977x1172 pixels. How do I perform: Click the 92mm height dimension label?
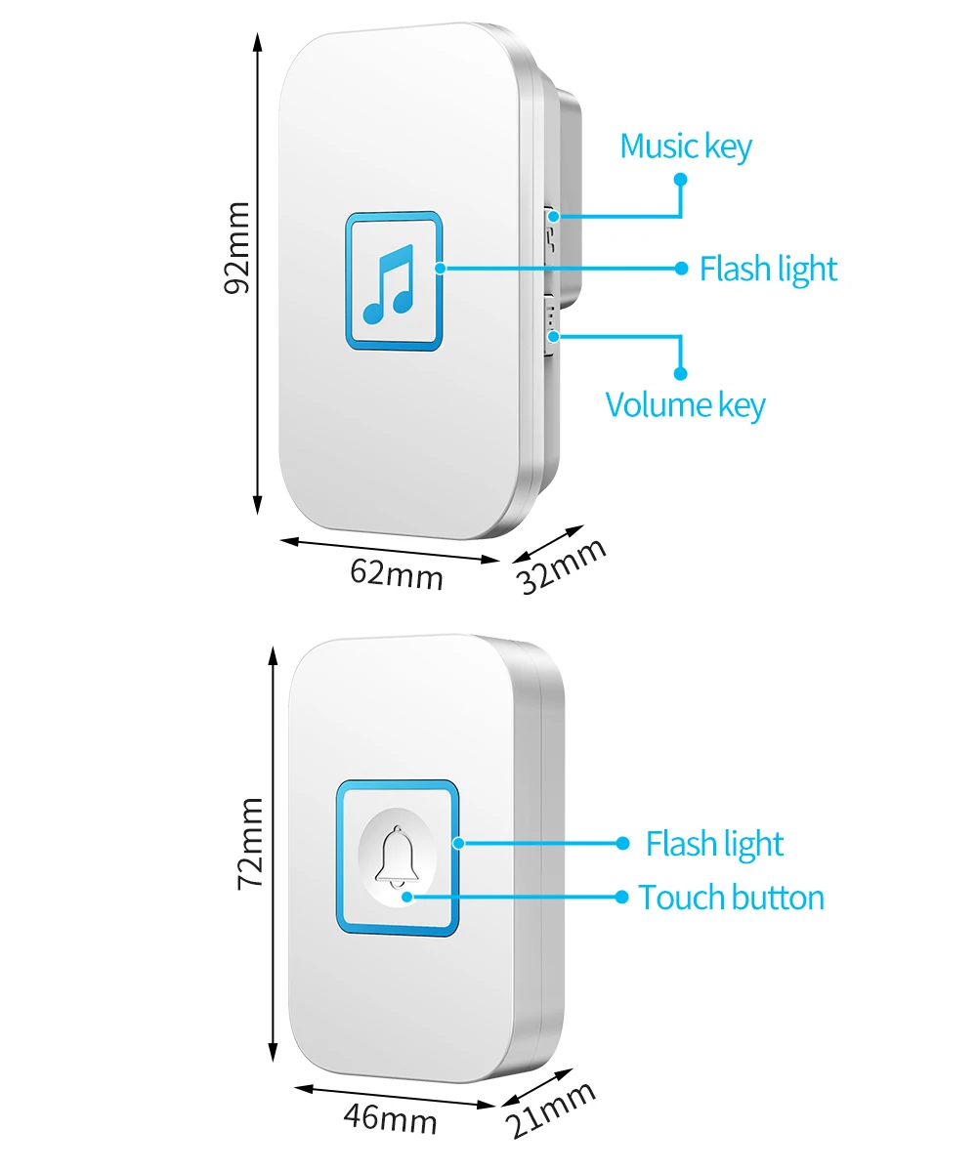(237, 247)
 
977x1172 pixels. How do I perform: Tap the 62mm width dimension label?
(397, 573)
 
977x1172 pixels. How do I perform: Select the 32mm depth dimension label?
(563, 565)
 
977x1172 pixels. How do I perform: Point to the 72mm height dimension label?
(250, 842)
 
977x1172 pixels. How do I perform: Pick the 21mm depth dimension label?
(552, 1111)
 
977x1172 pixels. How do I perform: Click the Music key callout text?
(686, 146)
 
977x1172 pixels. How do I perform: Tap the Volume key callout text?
(685, 404)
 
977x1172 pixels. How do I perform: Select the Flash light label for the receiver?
(768, 269)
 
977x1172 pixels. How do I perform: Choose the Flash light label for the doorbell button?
(714, 844)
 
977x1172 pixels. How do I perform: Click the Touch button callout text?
(731, 898)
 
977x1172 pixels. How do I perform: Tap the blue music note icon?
(389, 283)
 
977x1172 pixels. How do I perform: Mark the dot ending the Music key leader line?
(681, 180)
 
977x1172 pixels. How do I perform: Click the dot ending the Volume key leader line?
(681, 373)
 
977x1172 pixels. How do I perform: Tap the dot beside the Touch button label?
(622, 897)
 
